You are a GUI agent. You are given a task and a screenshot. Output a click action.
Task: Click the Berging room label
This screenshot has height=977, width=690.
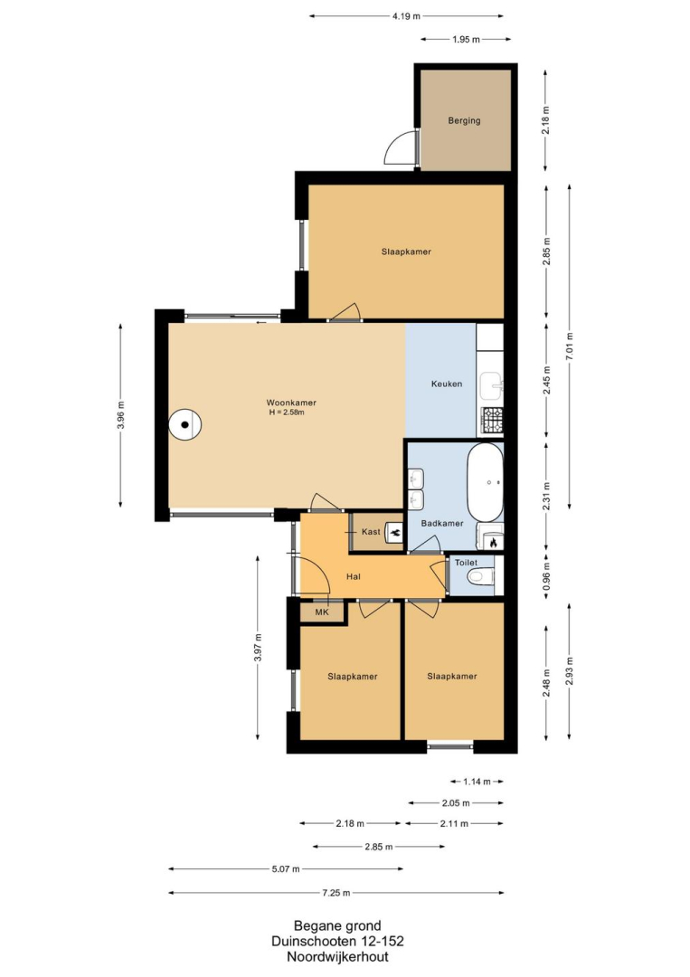coord(464,121)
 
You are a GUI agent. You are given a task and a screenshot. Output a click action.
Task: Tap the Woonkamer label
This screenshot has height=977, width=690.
coord(291,403)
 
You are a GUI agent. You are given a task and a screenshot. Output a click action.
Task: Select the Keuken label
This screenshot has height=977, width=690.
coord(447,384)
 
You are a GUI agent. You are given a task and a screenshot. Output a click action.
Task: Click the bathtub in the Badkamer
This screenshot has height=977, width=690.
coord(485,483)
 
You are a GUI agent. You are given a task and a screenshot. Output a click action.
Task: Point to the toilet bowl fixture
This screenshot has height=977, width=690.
coord(481,577)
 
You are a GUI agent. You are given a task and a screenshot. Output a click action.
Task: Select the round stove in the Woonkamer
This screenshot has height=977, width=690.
coord(185,425)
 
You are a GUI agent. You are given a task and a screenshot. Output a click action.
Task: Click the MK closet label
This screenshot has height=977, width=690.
coord(321,612)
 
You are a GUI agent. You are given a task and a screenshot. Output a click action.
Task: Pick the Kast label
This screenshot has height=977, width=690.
coord(371,532)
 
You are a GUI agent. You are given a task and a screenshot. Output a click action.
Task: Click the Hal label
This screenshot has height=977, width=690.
coord(353,576)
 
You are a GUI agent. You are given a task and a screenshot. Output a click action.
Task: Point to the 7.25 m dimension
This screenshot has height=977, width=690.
coord(336,893)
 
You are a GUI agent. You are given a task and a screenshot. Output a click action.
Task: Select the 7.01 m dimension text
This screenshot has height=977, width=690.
coord(569,347)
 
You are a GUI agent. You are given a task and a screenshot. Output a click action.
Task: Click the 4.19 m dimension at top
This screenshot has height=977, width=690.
coord(406,16)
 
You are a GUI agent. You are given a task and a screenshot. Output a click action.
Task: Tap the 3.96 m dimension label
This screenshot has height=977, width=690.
coord(121,415)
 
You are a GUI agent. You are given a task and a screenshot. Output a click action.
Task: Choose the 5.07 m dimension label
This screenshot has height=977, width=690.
coord(286,868)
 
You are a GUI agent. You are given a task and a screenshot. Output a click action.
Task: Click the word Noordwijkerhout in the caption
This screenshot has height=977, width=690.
coord(337,957)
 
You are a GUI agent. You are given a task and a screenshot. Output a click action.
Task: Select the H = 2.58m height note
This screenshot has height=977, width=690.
coord(287,412)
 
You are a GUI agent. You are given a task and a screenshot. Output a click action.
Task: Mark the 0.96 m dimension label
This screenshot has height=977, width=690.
coord(547,577)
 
